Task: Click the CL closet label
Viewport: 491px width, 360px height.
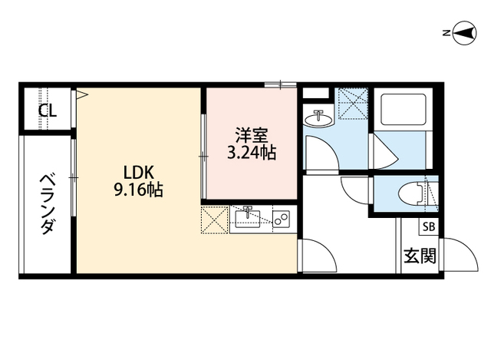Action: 48,111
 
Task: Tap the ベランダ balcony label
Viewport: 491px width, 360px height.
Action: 48,205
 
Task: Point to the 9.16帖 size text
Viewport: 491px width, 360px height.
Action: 138,190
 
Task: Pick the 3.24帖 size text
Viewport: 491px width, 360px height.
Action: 250,152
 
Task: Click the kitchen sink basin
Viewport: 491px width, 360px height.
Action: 248,221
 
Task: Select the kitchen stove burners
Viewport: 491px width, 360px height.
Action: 281,221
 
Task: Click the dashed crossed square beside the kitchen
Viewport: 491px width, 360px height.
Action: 214,220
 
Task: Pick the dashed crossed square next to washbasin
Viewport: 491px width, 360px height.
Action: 352,105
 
